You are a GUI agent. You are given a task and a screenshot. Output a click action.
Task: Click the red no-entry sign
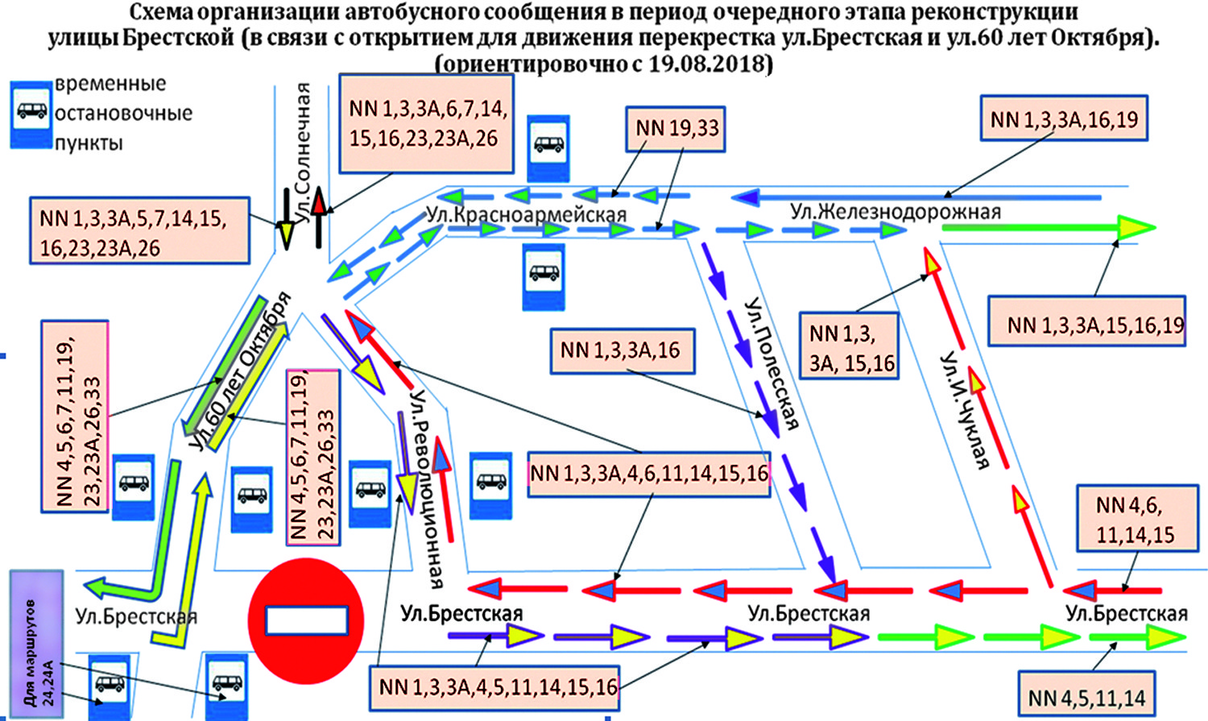pyautogui.click(x=306, y=621)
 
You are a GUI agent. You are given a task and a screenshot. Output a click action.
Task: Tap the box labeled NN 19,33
pyautogui.click(x=676, y=129)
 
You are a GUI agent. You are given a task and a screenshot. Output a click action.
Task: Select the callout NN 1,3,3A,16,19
pyautogui.click(x=1063, y=120)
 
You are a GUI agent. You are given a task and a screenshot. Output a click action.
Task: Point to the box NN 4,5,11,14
pyautogui.click(x=1086, y=697)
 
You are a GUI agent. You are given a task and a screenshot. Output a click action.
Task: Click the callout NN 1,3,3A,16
pyautogui.click(x=621, y=350)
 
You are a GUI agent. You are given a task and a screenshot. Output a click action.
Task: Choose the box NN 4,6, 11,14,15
pyautogui.click(x=1135, y=520)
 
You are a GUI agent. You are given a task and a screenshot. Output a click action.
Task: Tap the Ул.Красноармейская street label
pyautogui.click(x=526, y=214)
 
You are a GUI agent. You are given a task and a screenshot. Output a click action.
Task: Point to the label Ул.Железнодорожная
pyautogui.click(x=896, y=212)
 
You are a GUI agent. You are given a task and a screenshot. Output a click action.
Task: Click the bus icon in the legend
pyautogui.click(x=31, y=112)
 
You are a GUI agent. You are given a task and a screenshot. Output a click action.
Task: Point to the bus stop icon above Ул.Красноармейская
pyautogui.click(x=548, y=147)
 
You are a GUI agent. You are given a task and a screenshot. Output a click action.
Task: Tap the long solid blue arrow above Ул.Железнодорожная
pyautogui.click(x=918, y=197)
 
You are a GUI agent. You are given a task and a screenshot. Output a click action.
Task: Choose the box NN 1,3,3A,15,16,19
pyautogui.click(x=1087, y=325)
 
